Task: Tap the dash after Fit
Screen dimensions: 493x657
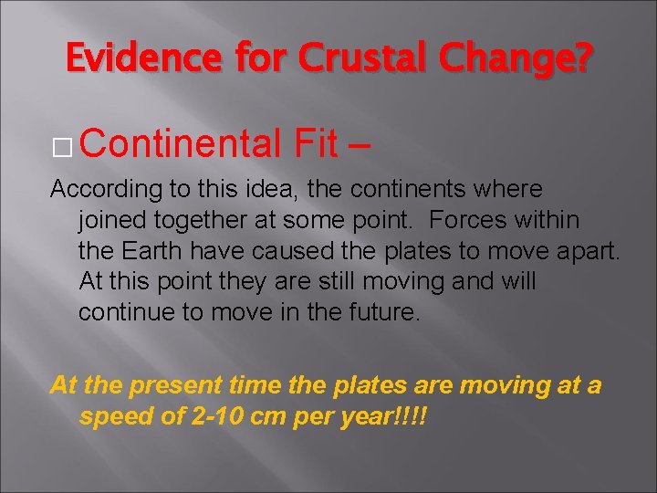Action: click(364, 144)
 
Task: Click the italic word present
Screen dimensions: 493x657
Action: click(169, 386)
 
